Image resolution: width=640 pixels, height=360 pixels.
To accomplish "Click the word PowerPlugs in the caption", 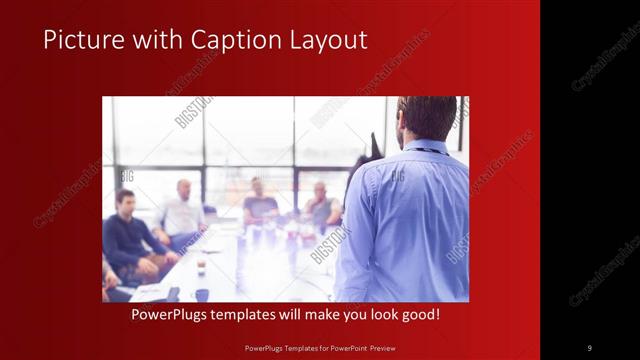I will (x=175, y=315).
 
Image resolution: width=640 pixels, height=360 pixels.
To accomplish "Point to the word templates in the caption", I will (x=257, y=315).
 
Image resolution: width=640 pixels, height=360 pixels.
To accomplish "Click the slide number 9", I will (x=589, y=347).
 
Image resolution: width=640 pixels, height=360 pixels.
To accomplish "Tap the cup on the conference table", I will (x=200, y=267).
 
